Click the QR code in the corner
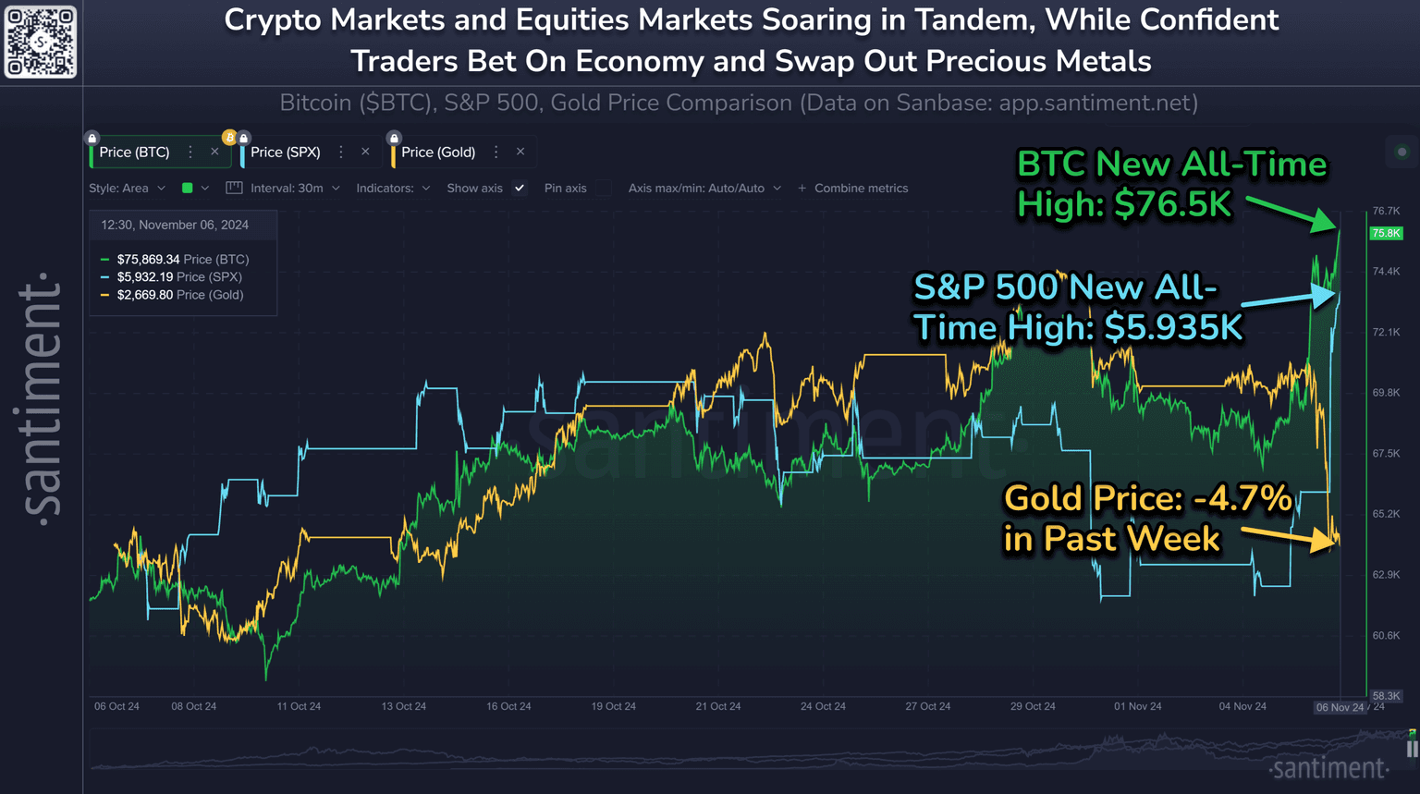[41, 43]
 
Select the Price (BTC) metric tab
[135, 153]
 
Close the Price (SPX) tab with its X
[365, 152]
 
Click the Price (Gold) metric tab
[438, 153]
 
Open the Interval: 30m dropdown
[295, 189]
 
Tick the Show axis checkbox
[520, 189]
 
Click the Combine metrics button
[852, 189]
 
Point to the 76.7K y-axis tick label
[1386, 211]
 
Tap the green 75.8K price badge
[1386, 233]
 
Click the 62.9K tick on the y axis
[1386, 575]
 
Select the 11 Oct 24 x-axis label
[299, 706]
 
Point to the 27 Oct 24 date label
[927, 706]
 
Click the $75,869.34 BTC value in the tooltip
[148, 260]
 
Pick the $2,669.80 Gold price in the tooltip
[144, 295]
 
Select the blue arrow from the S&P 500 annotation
[1289, 299]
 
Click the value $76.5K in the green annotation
[1173, 204]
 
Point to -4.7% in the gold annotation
[1242, 498]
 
